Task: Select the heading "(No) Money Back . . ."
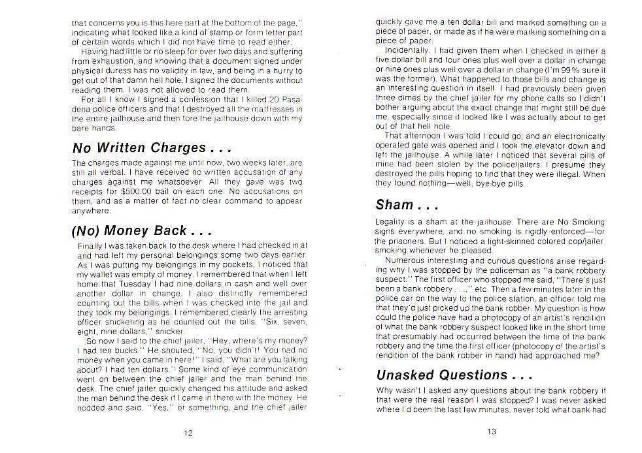[141, 230]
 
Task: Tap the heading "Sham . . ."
[407, 205]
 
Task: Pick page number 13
[492, 431]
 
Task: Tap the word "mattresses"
[265, 108]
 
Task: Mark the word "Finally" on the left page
[90, 245]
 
